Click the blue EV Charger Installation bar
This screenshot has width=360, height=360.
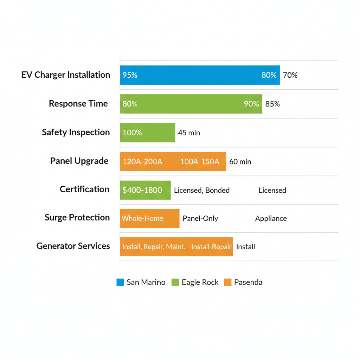[200, 75]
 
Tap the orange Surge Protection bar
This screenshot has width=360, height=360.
[150, 218]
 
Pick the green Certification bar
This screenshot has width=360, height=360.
[145, 190]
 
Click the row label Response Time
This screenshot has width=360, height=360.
[78, 104]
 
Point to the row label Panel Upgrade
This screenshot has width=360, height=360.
[79, 161]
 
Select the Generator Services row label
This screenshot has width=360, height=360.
[73, 246]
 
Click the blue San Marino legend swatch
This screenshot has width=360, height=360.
[120, 282]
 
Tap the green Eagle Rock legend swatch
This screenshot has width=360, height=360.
[175, 282]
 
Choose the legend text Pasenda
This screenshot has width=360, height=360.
[248, 282]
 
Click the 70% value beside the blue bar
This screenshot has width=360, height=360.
[290, 75]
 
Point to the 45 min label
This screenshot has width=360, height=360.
[189, 133]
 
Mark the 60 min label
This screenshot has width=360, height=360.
[240, 162]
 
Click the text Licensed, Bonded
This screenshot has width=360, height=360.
[202, 191]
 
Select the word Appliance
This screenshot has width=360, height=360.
[271, 219]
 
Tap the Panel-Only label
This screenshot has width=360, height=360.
[200, 219]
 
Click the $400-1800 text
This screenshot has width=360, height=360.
[142, 190]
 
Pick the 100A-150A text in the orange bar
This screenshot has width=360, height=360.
[200, 162]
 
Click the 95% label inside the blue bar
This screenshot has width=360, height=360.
[130, 75]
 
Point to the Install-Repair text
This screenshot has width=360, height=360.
[211, 247]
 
